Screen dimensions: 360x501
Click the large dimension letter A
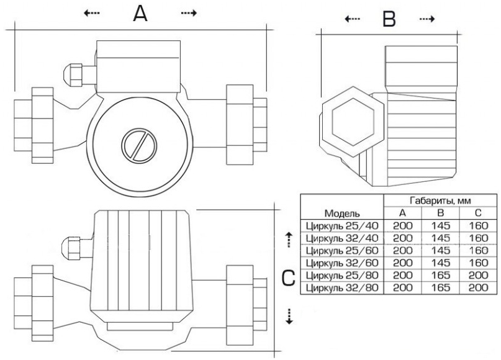coord(141,14)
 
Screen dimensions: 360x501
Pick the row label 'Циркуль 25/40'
coord(342,226)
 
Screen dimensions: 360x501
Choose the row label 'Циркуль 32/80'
coord(342,288)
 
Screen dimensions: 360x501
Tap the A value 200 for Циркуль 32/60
coord(402,263)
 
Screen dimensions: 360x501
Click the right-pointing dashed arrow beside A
coord(188,13)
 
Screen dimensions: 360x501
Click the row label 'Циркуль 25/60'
coord(342,251)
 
